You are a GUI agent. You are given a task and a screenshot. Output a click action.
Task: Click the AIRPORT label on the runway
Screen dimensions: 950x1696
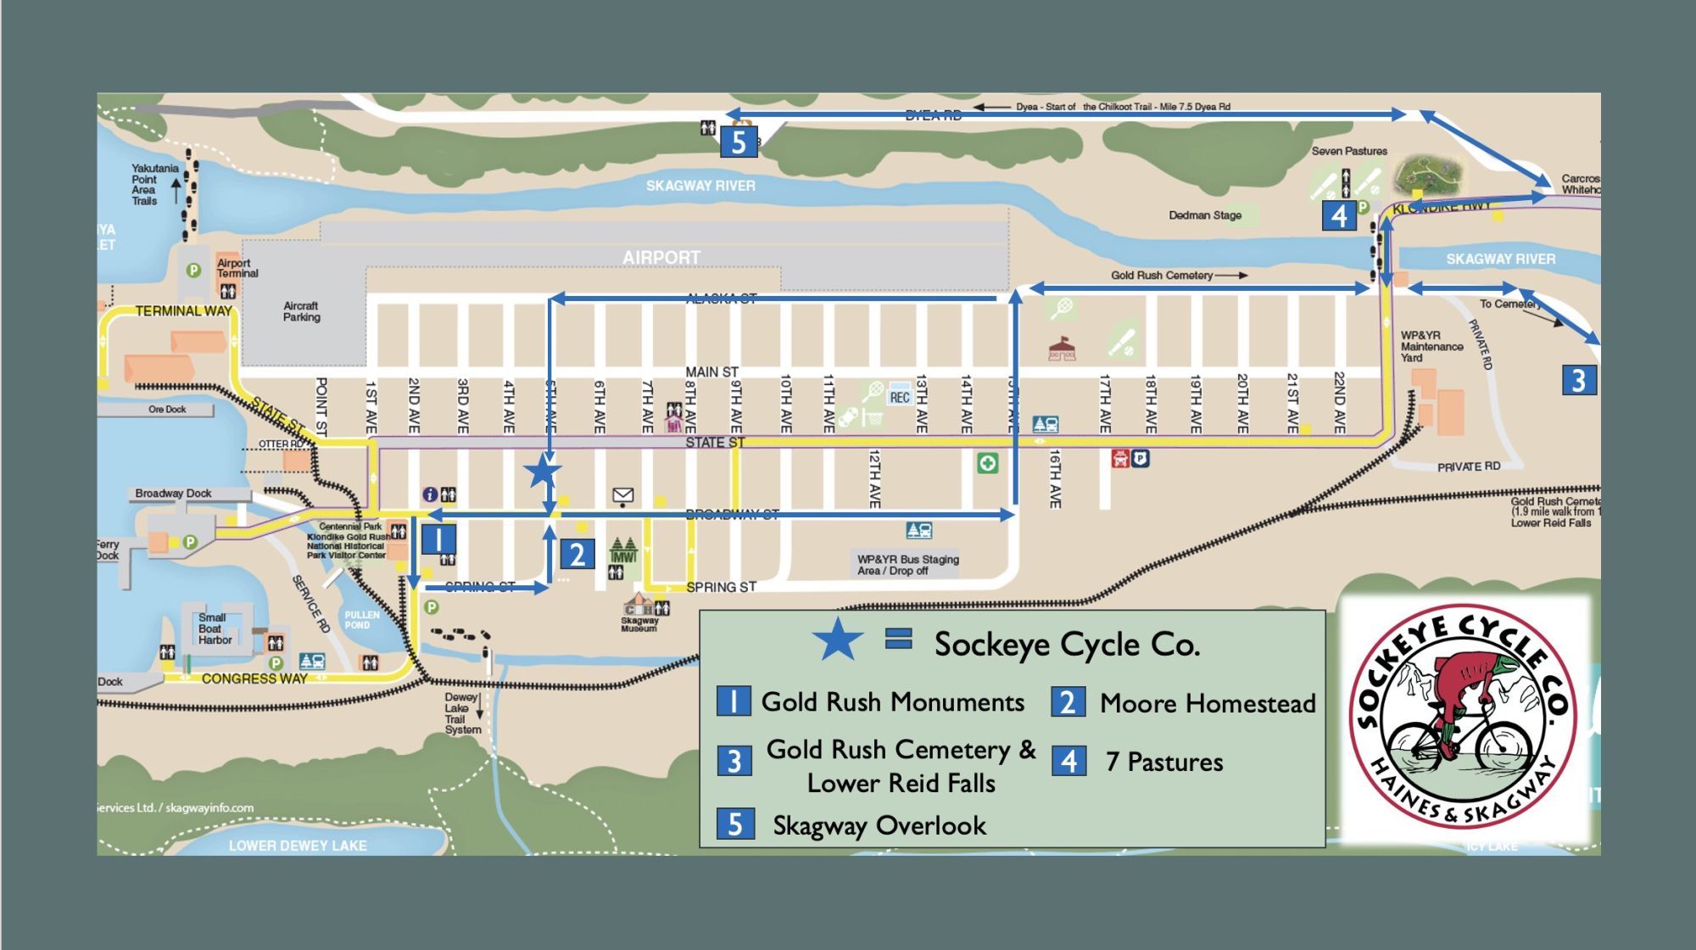tap(661, 257)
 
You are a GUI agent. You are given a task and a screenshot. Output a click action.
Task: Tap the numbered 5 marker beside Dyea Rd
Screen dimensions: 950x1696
tap(738, 142)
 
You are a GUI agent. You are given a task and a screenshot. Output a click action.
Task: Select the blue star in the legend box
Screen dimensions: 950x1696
tap(837, 640)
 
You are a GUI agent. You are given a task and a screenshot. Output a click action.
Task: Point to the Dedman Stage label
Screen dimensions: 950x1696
tap(1205, 215)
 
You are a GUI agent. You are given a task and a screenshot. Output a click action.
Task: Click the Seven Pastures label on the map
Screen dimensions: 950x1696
tap(1349, 151)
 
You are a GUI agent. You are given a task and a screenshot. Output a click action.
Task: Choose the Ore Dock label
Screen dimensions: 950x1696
tap(167, 410)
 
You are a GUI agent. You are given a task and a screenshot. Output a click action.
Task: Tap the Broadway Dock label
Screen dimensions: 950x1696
tap(173, 494)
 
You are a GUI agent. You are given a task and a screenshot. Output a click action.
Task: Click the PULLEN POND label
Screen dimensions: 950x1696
tap(362, 620)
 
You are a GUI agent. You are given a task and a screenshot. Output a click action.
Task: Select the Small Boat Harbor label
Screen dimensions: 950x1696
tap(214, 629)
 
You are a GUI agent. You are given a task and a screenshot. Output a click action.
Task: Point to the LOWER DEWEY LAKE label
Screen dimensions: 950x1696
tap(298, 846)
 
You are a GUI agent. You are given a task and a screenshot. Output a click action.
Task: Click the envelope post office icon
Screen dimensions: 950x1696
tap(623, 495)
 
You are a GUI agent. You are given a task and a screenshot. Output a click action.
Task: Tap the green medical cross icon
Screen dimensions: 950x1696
tap(987, 463)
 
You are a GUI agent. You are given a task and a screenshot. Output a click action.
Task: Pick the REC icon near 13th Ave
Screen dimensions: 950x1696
tap(900, 397)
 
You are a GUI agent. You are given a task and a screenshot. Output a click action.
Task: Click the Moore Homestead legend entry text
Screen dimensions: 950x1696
tap(1208, 703)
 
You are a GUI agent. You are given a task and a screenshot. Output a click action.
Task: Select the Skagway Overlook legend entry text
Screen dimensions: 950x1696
tap(879, 825)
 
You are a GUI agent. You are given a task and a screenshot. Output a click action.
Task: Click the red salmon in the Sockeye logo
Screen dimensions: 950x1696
tap(1467, 679)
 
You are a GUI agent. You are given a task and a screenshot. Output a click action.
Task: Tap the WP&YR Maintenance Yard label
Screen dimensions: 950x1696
tap(1431, 346)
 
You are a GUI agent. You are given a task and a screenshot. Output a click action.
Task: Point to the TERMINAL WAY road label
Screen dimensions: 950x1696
tap(183, 311)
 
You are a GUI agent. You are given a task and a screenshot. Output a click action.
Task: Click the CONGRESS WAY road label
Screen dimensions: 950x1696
tap(254, 679)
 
